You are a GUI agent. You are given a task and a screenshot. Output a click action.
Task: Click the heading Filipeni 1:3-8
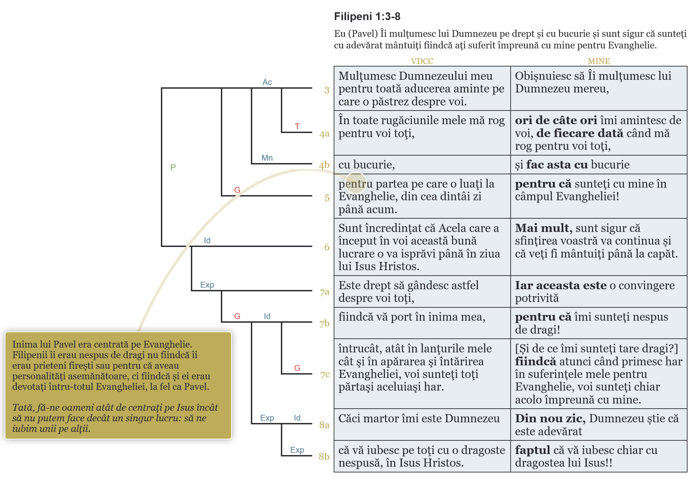point(367,16)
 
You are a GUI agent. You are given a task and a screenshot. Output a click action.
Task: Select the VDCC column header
point(422,61)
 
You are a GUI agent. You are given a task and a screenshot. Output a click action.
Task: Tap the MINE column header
point(599,61)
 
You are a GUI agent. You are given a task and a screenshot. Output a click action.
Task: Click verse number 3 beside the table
point(327,90)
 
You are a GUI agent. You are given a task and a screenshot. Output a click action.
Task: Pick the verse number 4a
point(324,134)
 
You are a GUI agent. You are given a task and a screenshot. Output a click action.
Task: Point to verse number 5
point(327,198)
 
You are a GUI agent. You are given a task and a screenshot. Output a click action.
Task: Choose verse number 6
point(327,247)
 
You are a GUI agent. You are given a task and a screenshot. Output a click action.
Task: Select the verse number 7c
point(325,375)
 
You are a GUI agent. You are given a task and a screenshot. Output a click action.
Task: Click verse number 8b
point(324,456)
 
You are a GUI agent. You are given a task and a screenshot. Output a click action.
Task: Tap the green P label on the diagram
point(173,167)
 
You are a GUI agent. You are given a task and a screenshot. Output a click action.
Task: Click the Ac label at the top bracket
point(267,82)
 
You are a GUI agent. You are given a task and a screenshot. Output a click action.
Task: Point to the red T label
point(297,127)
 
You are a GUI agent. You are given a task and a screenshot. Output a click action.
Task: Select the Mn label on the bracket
point(267,158)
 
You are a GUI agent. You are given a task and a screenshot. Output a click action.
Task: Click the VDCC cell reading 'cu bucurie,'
point(367,165)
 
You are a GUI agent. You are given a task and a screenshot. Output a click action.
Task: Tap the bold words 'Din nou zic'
point(549,419)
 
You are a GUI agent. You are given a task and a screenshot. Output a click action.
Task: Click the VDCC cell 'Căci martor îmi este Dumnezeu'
point(419,419)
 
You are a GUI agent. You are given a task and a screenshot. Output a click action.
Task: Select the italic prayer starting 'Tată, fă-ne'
point(115,418)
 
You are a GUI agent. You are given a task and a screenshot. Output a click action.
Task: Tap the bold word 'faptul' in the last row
point(532,450)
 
